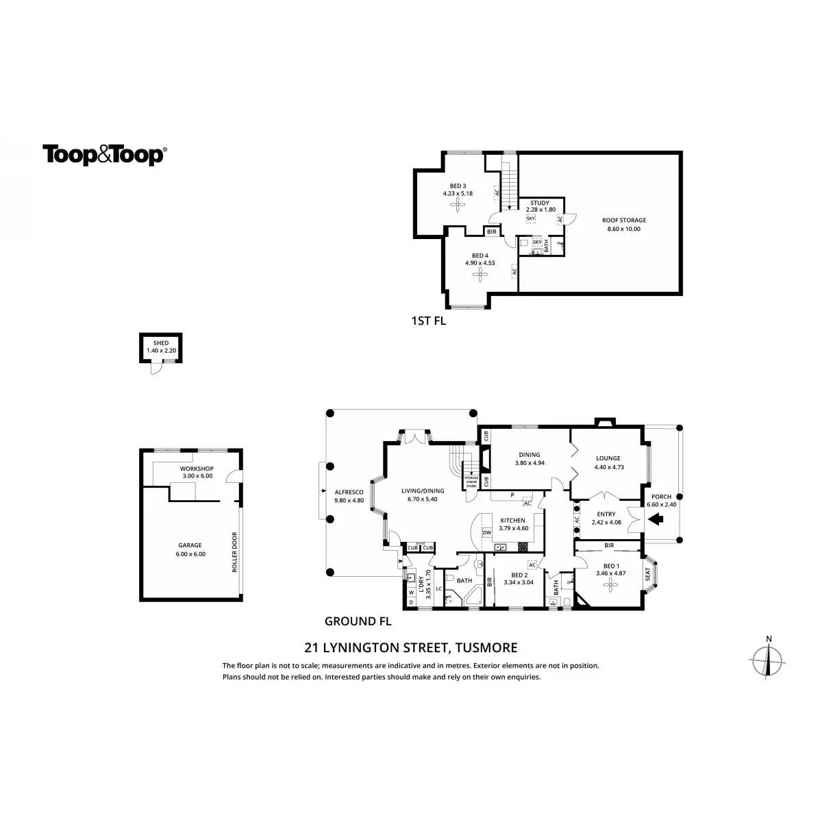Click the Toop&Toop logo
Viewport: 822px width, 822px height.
[104, 155]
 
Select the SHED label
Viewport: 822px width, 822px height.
[161, 342]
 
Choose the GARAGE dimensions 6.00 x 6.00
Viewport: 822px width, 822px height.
[190, 554]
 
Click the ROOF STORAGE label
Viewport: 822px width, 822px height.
[623, 221]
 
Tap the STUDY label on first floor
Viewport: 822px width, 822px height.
[540, 203]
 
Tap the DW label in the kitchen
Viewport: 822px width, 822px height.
[487, 532]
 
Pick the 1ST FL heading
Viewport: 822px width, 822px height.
[429, 321]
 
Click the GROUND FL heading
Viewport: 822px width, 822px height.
[358, 622]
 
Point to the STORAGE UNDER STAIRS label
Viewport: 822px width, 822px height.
[471, 482]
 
